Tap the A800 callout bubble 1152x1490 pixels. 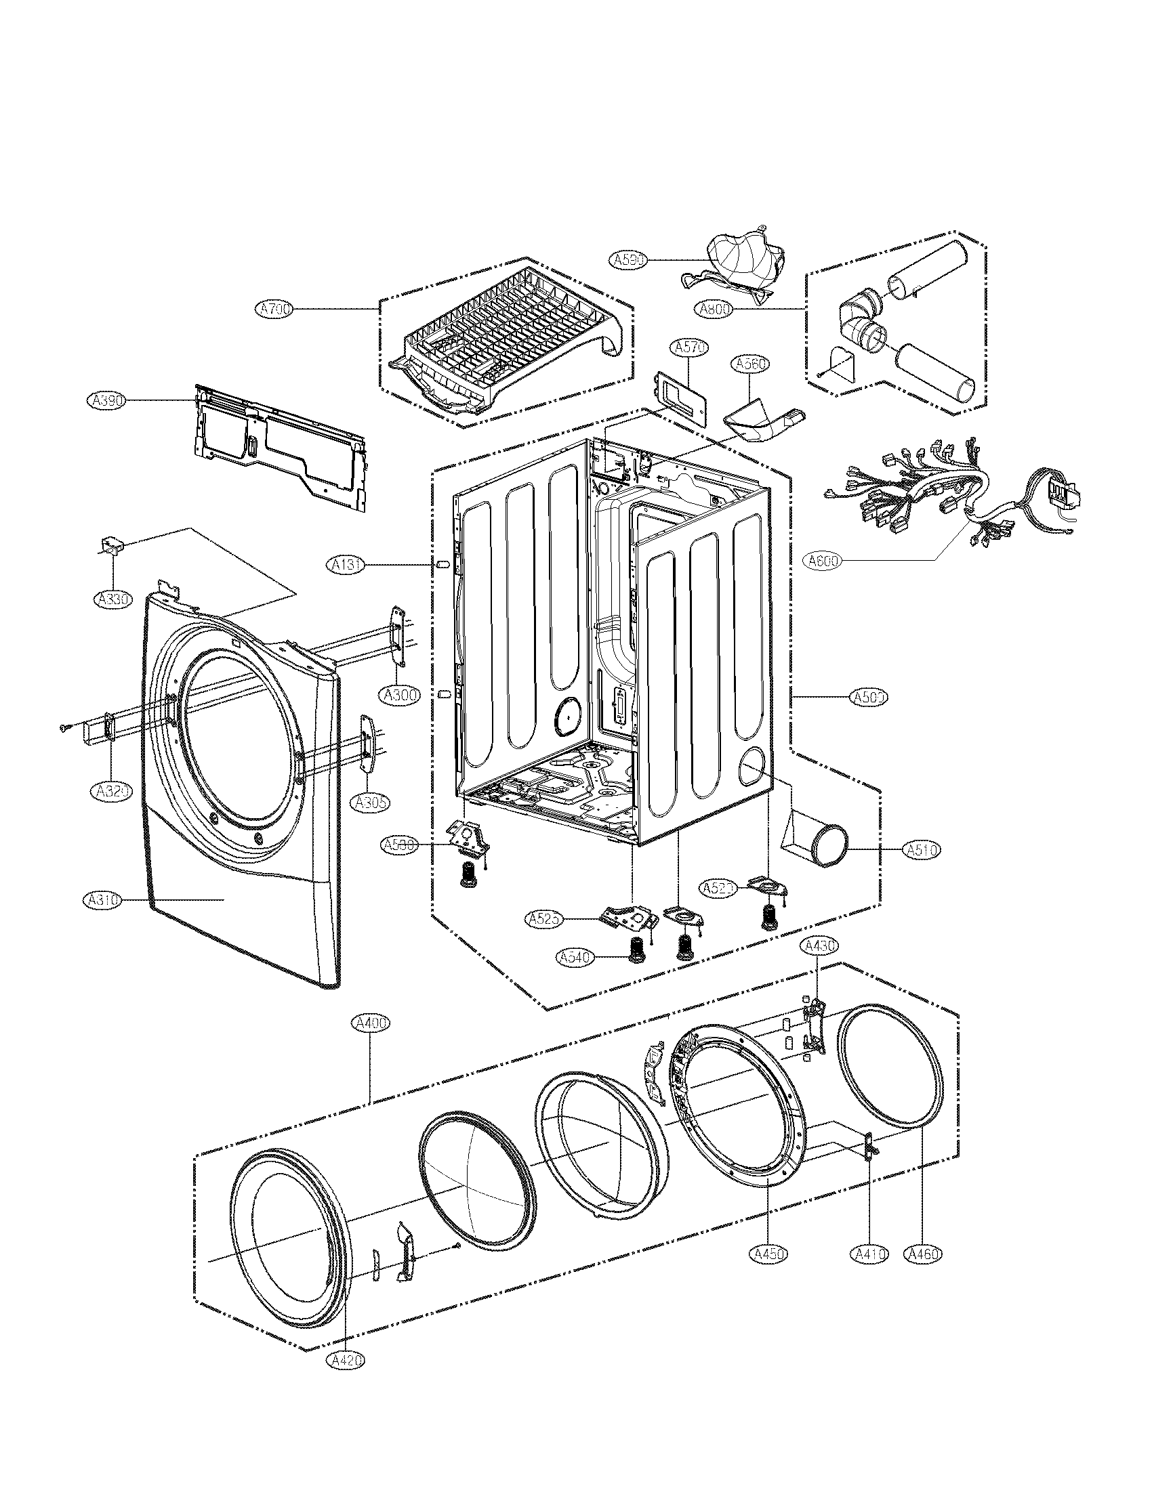pyautogui.click(x=714, y=309)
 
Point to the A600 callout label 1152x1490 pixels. pyautogui.click(x=823, y=561)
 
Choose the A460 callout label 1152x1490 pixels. pyautogui.click(x=922, y=1253)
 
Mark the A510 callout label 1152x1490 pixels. pyautogui.click(x=922, y=849)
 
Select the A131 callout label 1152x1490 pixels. pyautogui.click(x=347, y=564)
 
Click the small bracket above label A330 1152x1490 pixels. pyautogui.click(x=111, y=546)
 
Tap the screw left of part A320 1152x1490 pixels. pyautogui.click(x=63, y=729)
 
